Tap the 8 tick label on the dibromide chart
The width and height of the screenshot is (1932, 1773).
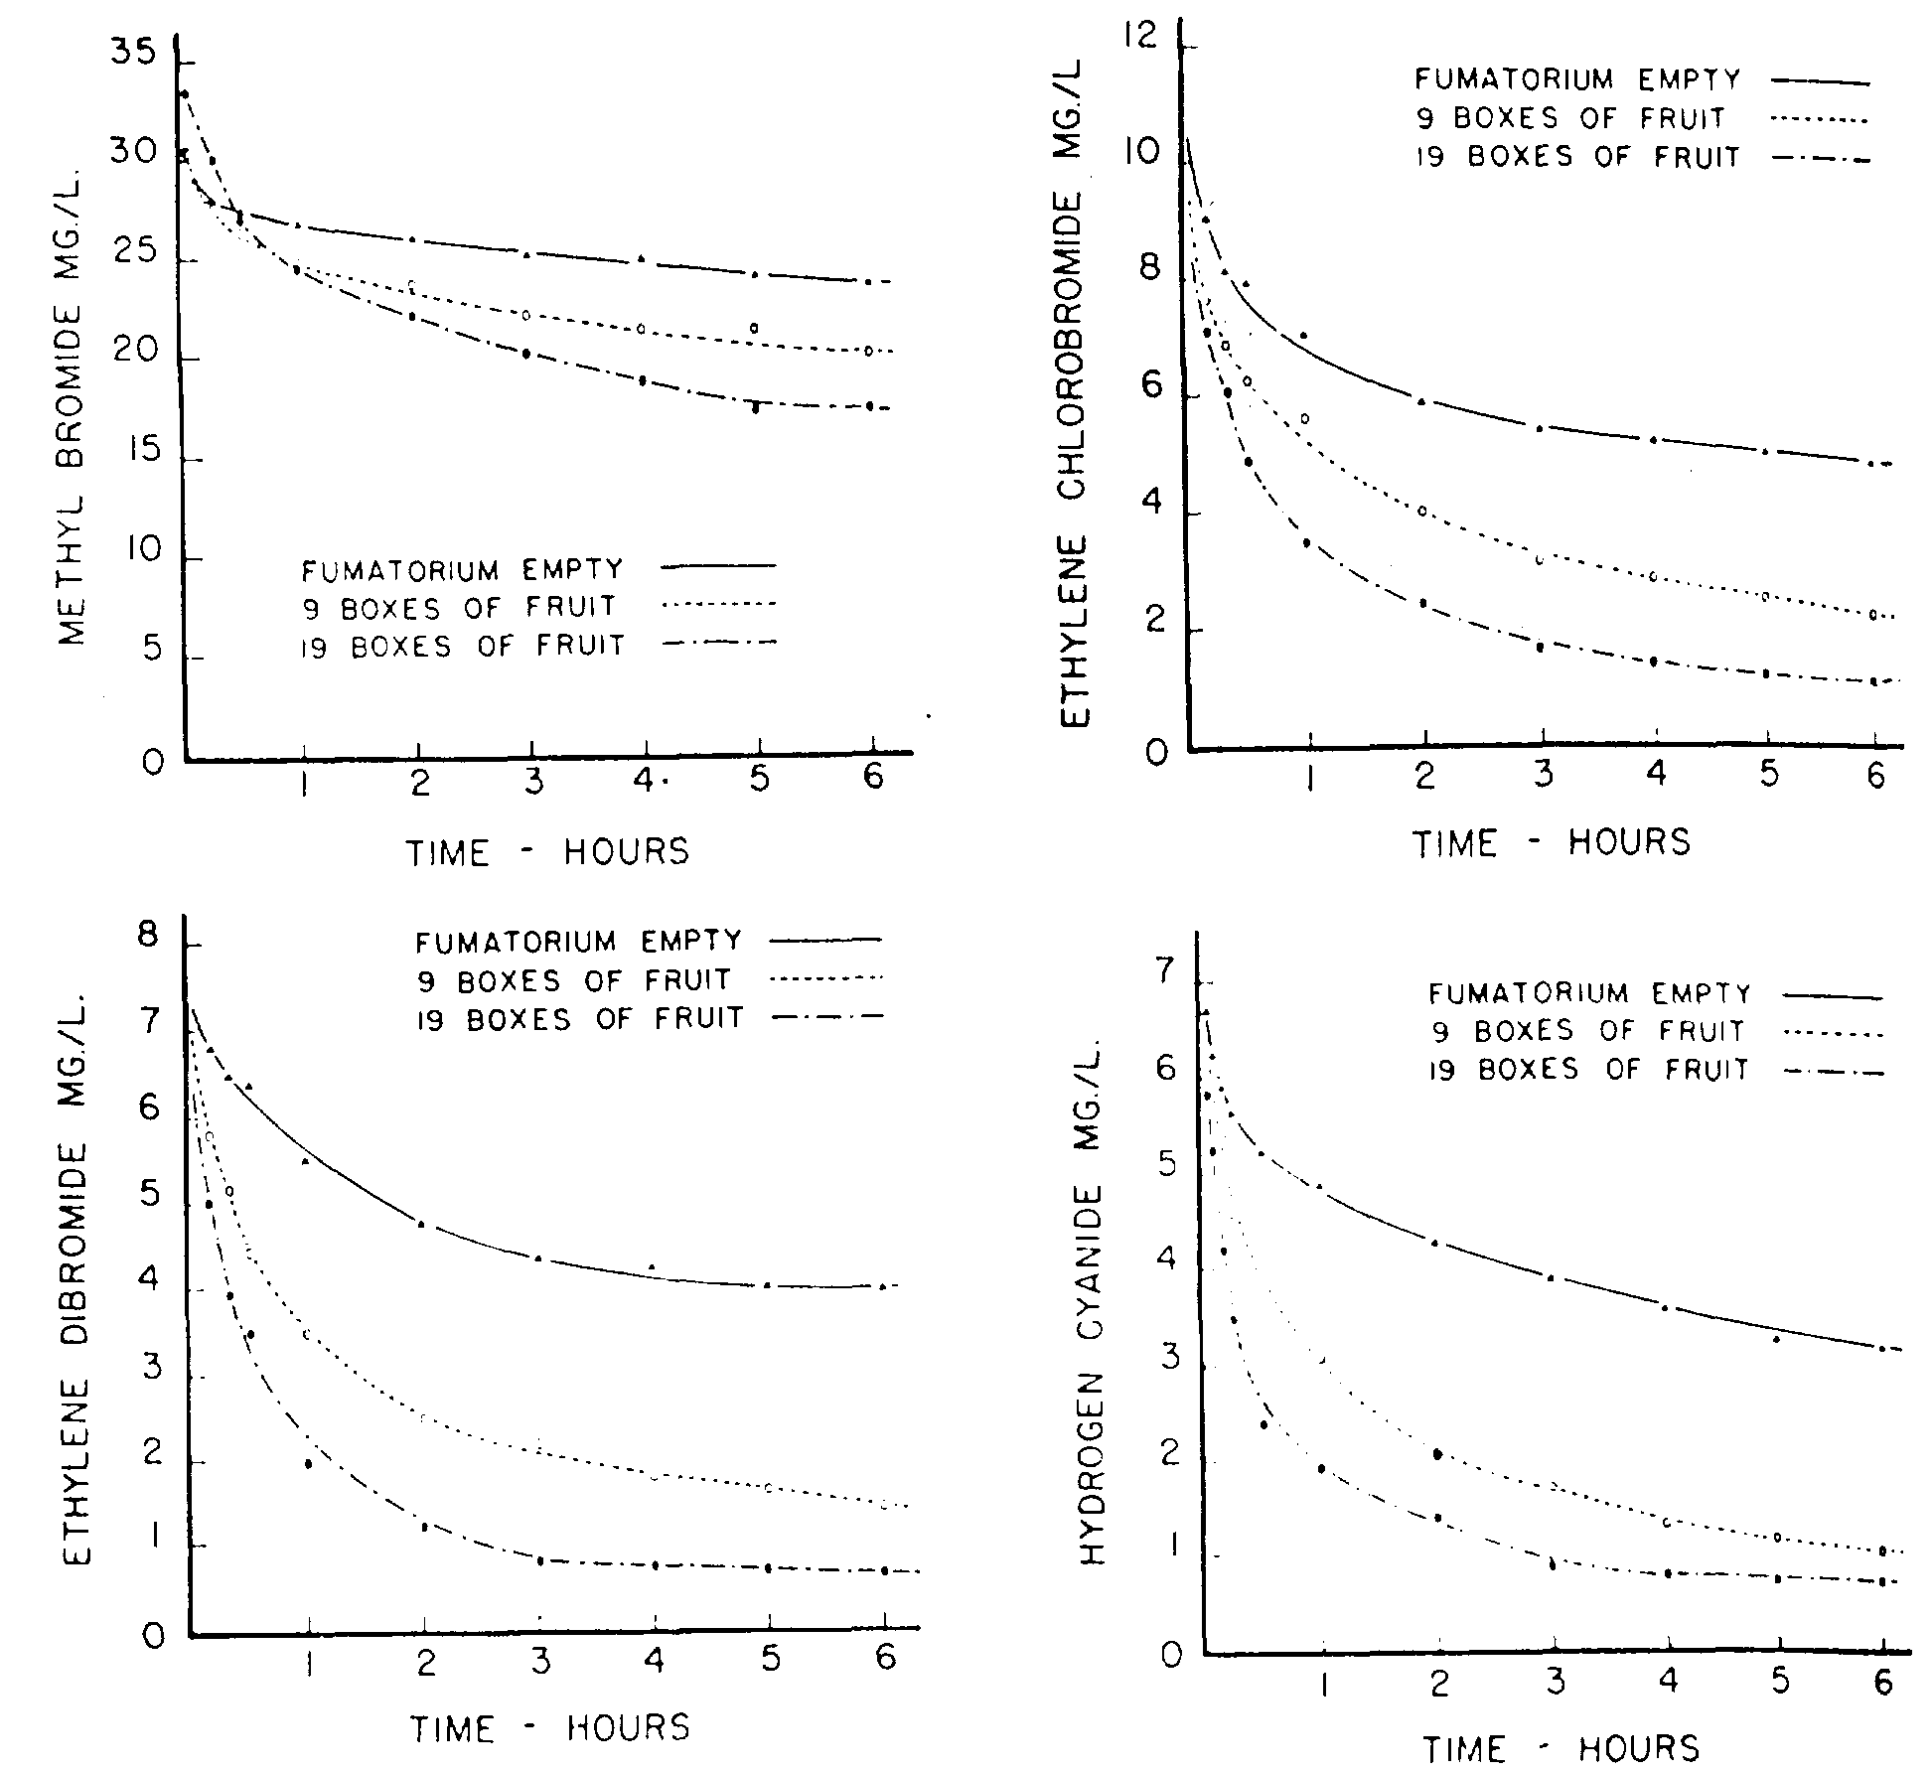point(148,937)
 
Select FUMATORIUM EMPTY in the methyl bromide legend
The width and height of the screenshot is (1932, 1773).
point(462,570)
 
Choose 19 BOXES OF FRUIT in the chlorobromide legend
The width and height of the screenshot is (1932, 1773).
point(1577,157)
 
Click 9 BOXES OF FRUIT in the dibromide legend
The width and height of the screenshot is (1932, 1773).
point(574,980)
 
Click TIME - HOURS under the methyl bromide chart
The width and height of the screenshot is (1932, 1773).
point(547,852)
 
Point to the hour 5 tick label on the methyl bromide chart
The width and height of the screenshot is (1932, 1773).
point(759,780)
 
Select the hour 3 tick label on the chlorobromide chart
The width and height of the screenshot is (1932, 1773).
point(1542,775)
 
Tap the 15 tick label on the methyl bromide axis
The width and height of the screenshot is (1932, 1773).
point(134,452)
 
